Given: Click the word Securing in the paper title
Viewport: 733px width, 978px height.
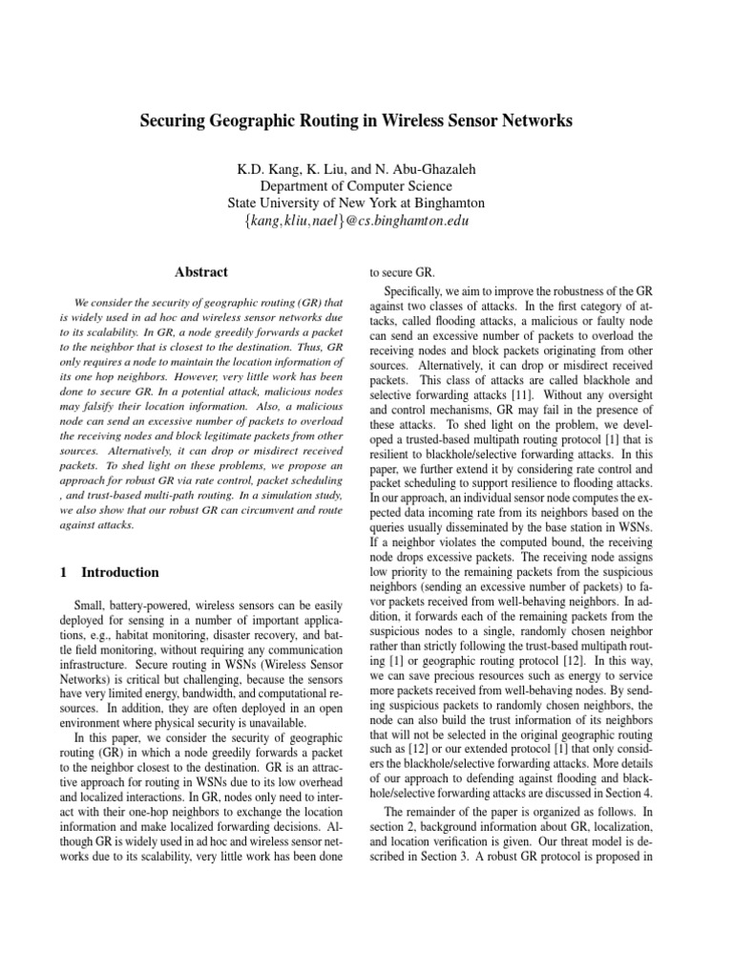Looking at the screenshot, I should coord(174,121).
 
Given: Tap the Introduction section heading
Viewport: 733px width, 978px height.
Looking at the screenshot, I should coord(120,573).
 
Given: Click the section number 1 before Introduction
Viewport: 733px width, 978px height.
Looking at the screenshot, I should coord(63,573).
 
